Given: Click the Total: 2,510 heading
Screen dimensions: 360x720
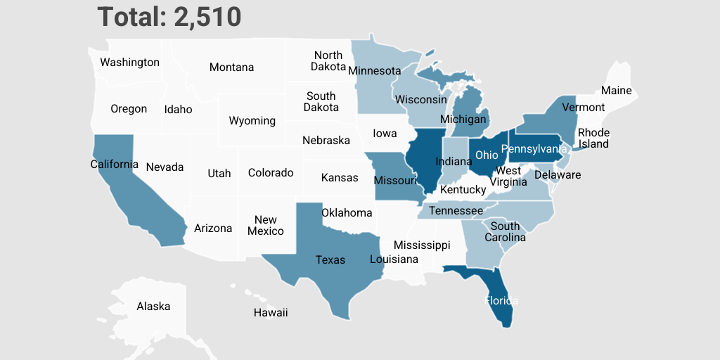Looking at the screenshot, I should [x=169, y=17].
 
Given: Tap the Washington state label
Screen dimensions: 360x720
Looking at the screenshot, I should [x=129, y=63].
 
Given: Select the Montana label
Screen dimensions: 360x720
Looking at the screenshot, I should [x=231, y=67].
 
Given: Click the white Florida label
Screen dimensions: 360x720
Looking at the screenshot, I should [x=501, y=301].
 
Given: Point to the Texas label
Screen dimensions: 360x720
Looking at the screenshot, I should [x=330, y=260].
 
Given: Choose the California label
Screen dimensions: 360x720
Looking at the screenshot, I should [x=115, y=165].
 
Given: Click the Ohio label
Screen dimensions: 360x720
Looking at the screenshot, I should [x=487, y=155].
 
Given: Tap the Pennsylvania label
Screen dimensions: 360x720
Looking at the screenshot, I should [x=534, y=149].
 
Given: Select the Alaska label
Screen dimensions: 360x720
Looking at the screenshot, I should [x=153, y=307].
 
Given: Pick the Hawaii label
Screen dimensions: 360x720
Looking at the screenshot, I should [x=271, y=313].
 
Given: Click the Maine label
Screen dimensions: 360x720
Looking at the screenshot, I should [x=616, y=91].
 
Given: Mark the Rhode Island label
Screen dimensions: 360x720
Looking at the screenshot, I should [x=593, y=139].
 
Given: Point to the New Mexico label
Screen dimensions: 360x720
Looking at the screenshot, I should [x=266, y=226].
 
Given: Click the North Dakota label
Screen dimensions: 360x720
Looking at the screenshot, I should [x=328, y=61].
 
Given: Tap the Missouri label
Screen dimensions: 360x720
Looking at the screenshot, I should [x=395, y=181].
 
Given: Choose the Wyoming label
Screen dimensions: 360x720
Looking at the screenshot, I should [x=252, y=121].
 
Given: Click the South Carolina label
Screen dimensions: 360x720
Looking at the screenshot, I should [x=505, y=232].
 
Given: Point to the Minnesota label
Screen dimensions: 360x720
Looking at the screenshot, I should [x=374, y=71].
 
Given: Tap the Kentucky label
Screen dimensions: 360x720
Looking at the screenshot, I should [x=463, y=190].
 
